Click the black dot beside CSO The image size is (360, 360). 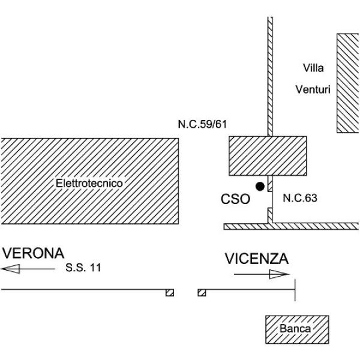[x=260, y=187]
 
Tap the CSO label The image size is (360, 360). [x=235, y=199]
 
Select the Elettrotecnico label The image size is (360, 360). [x=89, y=183]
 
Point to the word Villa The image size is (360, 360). [x=313, y=68]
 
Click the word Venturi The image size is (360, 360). [x=313, y=89]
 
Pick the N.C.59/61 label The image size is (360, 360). [x=202, y=124]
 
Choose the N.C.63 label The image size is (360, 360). [x=300, y=198]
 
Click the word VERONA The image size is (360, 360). [x=33, y=253]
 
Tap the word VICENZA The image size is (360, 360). [x=256, y=259]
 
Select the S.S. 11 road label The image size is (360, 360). [x=83, y=268]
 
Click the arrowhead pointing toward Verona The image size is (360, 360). [x=11, y=269]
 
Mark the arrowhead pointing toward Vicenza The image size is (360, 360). [x=279, y=274]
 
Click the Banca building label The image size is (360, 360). [x=295, y=329]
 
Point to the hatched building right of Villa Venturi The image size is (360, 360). [x=348, y=83]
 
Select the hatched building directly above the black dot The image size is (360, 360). [x=268, y=156]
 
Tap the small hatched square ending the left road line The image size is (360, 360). [x=170, y=293]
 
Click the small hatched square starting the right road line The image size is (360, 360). [x=202, y=293]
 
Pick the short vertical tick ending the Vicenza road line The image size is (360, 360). [x=295, y=290]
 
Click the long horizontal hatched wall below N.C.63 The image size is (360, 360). [x=291, y=226]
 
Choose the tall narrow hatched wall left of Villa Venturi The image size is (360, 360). [x=270, y=77]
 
